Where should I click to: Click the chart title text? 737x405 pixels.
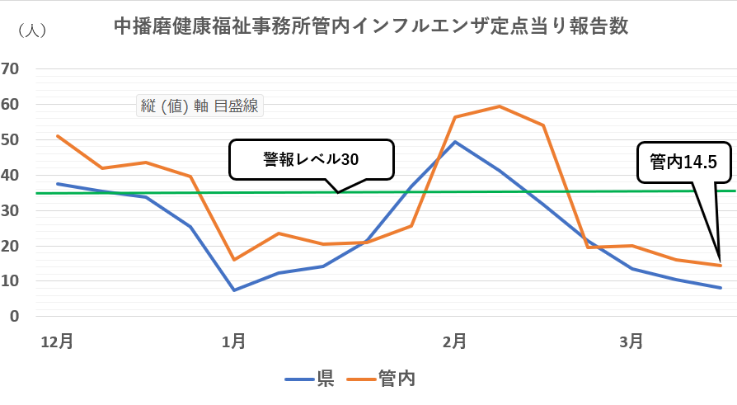[371, 26]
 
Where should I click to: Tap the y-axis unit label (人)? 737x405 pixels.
[32, 30]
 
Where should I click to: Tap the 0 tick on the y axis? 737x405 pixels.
[14, 317]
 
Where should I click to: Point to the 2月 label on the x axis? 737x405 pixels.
[455, 341]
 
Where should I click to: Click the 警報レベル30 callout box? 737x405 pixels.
[311, 159]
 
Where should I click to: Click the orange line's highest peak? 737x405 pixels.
[500, 106]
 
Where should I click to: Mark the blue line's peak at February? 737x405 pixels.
[455, 142]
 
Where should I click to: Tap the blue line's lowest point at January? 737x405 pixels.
[234, 290]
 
